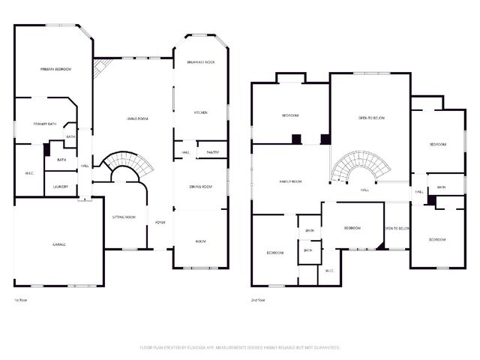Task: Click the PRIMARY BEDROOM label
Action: (55, 69)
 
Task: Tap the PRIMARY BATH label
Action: (46, 124)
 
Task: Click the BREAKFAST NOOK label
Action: (201, 62)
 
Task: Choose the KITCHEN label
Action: (201, 112)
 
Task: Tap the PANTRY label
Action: (212, 152)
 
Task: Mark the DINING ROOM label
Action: (201, 186)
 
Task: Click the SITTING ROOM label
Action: (124, 217)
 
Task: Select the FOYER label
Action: (160, 223)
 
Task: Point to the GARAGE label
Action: (58, 244)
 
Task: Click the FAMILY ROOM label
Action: (290, 181)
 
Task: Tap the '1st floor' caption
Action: (21, 299)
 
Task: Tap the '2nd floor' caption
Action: (259, 299)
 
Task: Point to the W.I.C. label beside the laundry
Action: (29, 173)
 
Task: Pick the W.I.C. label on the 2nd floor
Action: (328, 270)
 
